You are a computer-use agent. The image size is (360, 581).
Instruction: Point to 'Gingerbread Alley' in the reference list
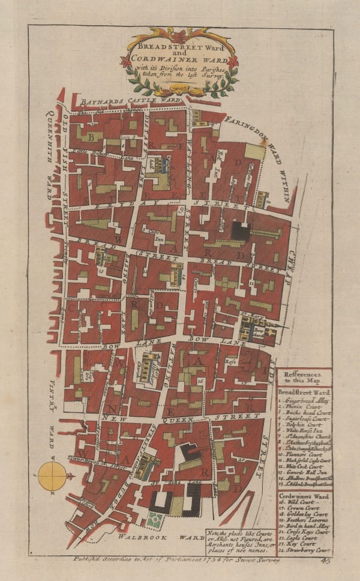304,400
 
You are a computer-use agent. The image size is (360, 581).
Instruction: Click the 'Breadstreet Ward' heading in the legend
304,392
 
